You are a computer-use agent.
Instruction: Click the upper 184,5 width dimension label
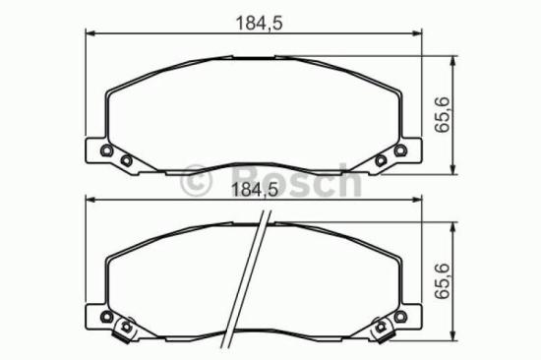click(259, 24)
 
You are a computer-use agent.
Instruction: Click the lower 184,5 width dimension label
click(255, 190)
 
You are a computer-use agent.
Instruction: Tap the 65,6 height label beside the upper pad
click(443, 115)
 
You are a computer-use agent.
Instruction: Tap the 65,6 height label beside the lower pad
click(443, 281)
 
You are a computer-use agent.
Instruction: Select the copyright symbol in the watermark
click(197, 181)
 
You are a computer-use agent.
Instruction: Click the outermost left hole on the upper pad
click(106, 150)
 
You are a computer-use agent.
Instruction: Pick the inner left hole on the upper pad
click(126, 160)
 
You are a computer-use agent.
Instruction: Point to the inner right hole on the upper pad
click(381, 160)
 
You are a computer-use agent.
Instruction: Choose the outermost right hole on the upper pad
click(400, 150)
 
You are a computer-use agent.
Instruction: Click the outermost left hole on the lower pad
click(106, 317)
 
